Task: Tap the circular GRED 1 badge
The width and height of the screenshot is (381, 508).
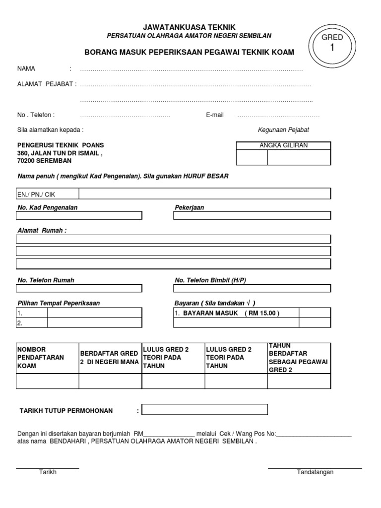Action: click(x=332, y=43)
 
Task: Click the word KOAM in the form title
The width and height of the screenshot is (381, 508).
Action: click(x=282, y=52)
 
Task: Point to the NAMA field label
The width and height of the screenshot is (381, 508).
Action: click(x=26, y=69)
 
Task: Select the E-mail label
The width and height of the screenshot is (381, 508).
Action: click(x=215, y=115)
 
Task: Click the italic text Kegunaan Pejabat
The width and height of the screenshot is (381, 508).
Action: click(x=283, y=130)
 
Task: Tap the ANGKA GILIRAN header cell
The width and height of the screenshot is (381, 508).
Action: click(x=283, y=145)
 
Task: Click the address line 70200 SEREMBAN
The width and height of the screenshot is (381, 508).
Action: click(x=44, y=161)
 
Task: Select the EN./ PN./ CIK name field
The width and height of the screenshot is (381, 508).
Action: click(x=174, y=194)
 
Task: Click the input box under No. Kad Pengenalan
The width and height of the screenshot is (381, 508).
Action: click(x=79, y=215)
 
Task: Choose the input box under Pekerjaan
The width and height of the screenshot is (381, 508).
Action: click(x=252, y=215)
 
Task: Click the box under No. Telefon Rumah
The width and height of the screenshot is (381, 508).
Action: click(x=79, y=288)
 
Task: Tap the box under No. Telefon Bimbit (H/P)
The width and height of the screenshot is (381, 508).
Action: click(x=252, y=288)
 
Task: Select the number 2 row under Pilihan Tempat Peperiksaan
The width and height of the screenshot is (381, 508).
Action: click(x=79, y=323)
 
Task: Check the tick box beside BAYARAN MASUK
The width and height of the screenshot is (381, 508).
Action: click(x=315, y=313)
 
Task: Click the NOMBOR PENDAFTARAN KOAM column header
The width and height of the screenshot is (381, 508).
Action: click(x=48, y=358)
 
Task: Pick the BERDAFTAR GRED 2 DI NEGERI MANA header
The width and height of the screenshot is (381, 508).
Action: click(x=110, y=358)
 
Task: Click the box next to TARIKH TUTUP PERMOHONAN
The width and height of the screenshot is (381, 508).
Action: click(x=204, y=410)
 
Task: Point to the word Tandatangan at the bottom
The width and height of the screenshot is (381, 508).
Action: click(x=315, y=472)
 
